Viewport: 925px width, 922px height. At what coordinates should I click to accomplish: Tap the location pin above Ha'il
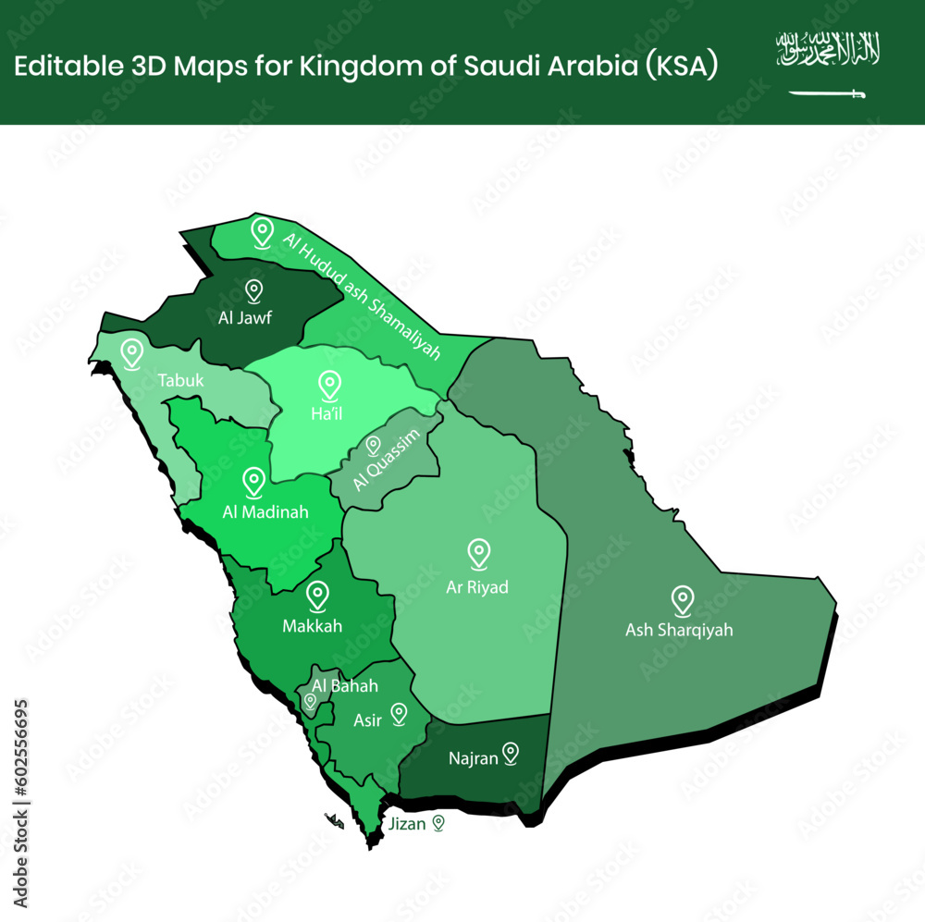327,387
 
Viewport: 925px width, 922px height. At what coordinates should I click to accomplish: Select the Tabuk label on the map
180,380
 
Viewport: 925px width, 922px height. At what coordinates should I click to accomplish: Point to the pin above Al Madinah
253,482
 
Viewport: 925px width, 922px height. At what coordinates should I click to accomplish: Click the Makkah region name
312,626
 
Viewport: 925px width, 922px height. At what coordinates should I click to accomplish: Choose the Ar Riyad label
477,587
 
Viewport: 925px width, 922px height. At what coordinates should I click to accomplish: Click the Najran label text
473,759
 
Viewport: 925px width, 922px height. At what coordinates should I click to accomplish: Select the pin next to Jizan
438,822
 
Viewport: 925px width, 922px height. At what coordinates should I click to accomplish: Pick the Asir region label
367,720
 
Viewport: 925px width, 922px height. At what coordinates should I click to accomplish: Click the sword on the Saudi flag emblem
827,93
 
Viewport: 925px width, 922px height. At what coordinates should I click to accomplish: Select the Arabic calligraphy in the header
828,49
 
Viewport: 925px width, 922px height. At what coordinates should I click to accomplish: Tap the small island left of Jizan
335,821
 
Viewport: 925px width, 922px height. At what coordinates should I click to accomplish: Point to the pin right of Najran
510,754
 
